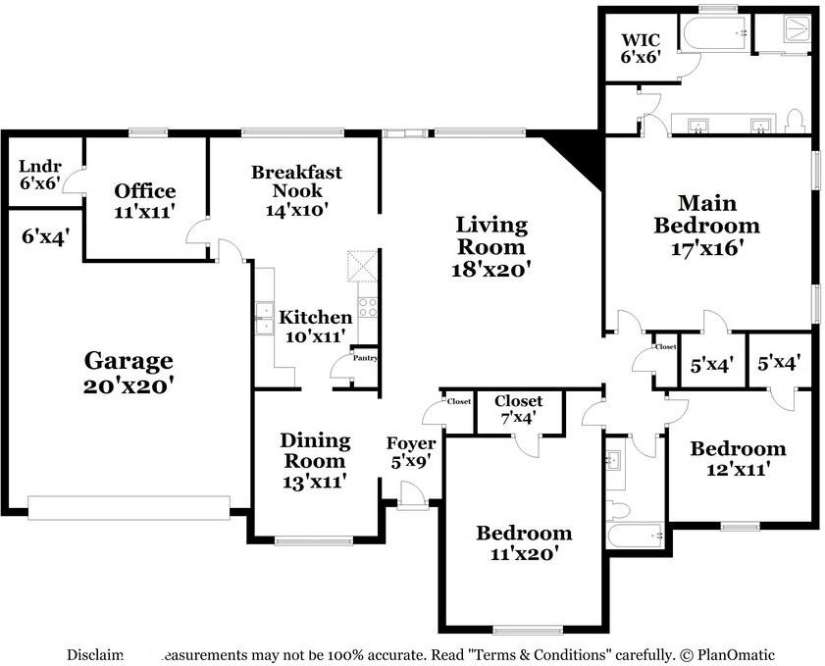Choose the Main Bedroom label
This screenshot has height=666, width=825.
[706, 215]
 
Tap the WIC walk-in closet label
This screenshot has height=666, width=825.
[640, 41]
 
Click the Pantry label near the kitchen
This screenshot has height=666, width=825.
[366, 358]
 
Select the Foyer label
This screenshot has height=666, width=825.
[410, 443]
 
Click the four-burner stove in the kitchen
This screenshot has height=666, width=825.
[367, 307]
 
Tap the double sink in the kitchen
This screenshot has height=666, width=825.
[265, 319]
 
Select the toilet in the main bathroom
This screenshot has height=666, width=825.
[796, 121]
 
